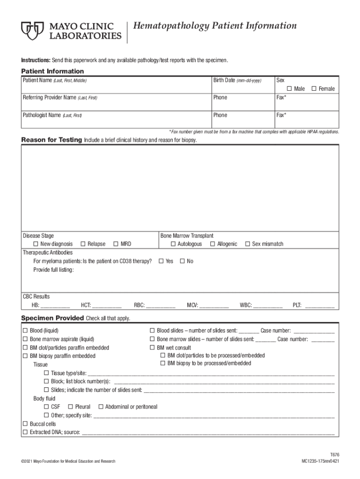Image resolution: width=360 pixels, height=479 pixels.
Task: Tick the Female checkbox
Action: click(314, 89)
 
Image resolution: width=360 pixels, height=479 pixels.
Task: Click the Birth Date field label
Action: click(224, 80)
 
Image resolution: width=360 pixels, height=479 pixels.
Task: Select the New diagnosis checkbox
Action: click(36, 244)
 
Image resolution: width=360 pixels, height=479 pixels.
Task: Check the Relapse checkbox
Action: click(83, 244)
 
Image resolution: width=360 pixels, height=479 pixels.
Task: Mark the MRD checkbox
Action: click(115, 244)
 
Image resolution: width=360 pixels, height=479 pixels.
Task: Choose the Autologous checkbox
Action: click(173, 244)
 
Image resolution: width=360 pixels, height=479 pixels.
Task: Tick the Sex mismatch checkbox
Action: click(247, 244)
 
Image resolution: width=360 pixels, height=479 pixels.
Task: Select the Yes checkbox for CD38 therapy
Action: click(161, 261)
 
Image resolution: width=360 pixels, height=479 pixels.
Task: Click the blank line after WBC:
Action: click(268, 306)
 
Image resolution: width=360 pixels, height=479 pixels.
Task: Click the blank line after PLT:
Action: click(320, 306)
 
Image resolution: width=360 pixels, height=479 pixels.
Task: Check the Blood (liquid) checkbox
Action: click(25, 331)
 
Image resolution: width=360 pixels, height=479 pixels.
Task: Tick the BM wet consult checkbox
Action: click(152, 348)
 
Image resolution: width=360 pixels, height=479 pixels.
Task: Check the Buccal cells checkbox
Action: click(25, 424)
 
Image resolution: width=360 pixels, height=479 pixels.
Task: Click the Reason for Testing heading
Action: click(51, 140)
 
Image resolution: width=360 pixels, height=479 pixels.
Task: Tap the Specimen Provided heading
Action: click(52, 318)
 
